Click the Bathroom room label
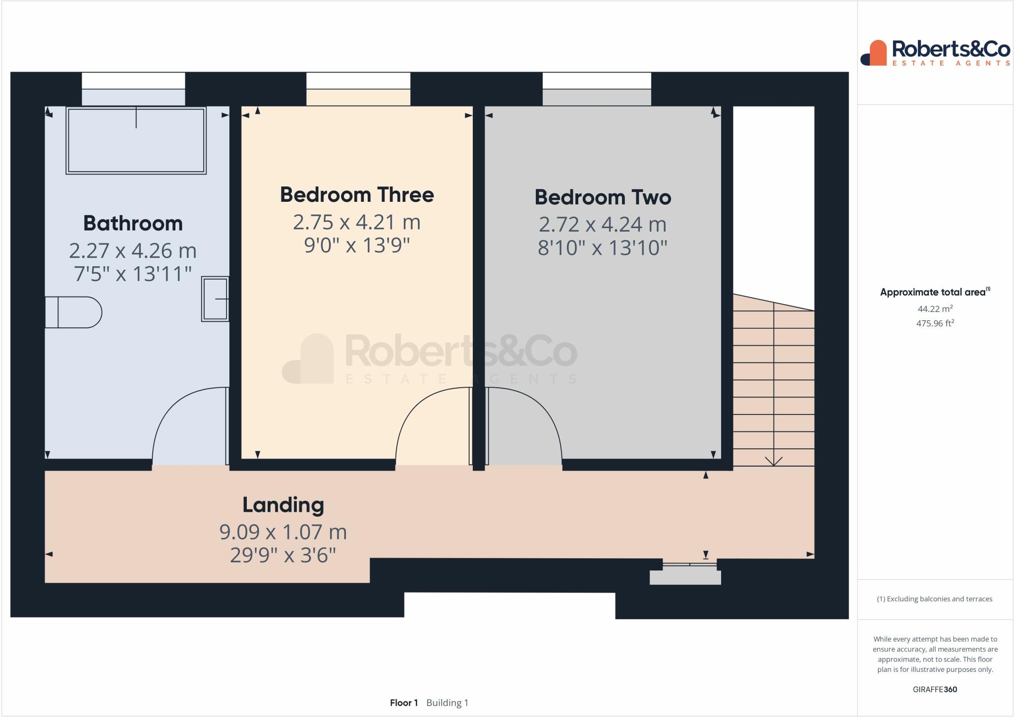click(x=133, y=223)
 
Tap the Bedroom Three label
click(x=357, y=194)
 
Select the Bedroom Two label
click(x=603, y=197)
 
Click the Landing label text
click(x=283, y=505)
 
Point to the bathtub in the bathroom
click(x=136, y=140)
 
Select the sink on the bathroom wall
click(x=215, y=299)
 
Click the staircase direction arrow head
click(x=774, y=461)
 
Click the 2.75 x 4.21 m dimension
click(x=357, y=222)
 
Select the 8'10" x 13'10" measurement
click(x=603, y=247)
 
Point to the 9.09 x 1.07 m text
click(x=283, y=532)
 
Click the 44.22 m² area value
click(x=935, y=309)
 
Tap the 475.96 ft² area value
click(x=935, y=323)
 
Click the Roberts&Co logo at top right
click(x=935, y=53)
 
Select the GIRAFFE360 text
click(x=935, y=689)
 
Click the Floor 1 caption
click(x=403, y=703)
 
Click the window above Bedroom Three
click(x=358, y=81)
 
